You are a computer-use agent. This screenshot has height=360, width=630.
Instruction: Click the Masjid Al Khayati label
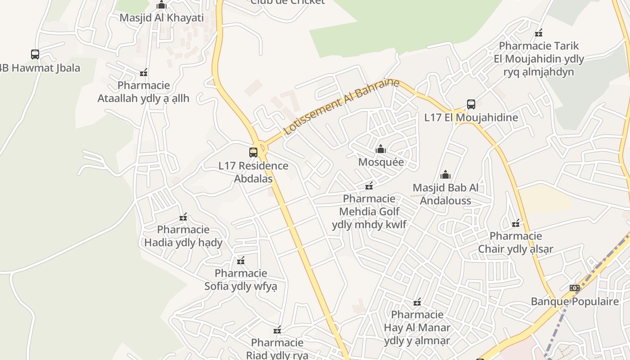[162, 18]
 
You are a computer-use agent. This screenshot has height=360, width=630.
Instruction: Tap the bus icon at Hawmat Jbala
[35, 54]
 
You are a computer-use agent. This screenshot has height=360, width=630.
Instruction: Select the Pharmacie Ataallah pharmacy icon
[144, 72]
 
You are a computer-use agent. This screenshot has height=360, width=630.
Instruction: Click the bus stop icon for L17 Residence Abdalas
[253, 153]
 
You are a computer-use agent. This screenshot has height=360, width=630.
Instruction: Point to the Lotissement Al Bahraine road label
[342, 107]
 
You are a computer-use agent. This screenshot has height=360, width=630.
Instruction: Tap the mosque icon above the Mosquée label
[381, 149]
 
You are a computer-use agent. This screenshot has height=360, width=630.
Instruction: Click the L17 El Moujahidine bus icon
[471, 104]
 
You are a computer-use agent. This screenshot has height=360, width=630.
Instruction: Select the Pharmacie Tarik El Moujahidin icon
[539, 33]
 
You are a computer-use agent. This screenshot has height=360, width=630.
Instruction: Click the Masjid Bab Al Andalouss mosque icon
[445, 175]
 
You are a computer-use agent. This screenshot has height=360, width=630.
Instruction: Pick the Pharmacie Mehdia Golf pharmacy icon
[369, 185]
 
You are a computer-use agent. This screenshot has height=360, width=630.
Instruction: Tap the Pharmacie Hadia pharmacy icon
[183, 217]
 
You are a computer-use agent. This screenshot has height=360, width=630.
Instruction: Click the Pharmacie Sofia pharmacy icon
[241, 261]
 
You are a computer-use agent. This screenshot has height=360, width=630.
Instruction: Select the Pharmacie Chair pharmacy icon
[516, 223]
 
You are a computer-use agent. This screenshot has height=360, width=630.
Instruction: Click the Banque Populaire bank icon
[574, 288]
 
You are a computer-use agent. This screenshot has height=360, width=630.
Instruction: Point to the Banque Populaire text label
[575, 301]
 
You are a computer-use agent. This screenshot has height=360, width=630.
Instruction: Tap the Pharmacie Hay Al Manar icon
[417, 301]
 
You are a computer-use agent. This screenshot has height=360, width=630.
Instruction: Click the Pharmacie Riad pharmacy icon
[277, 330]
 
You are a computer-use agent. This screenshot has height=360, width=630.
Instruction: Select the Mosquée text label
[381, 162]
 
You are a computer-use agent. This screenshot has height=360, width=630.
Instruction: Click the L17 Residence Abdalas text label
[253, 172]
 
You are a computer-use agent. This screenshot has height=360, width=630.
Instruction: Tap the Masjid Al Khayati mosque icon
[162, 5]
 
